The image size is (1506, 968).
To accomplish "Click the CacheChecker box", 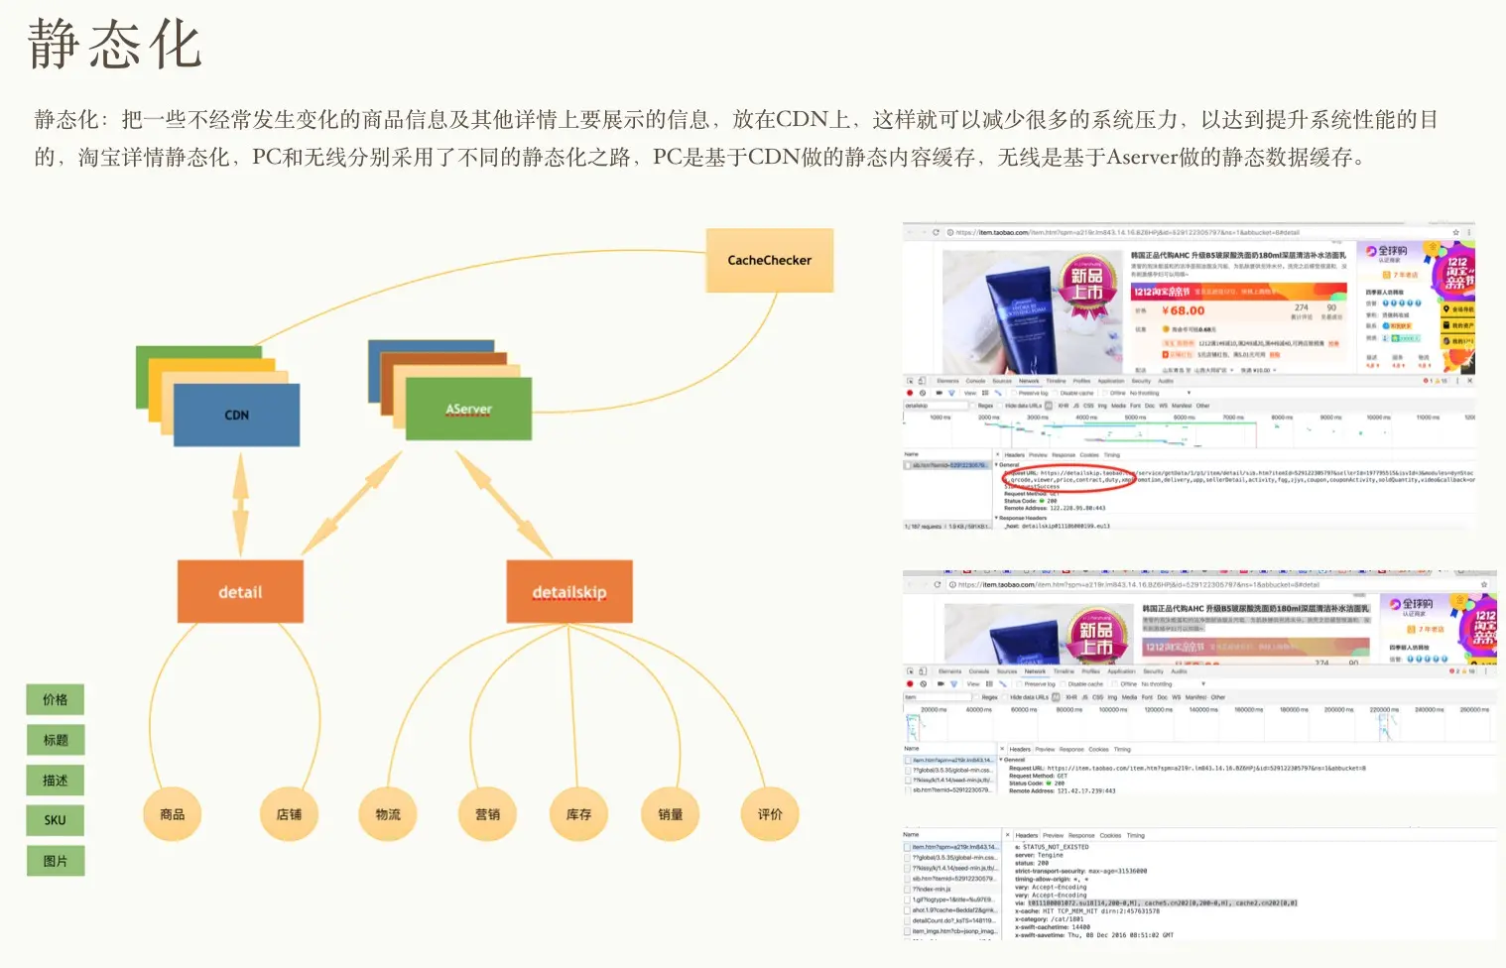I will click(x=769, y=260).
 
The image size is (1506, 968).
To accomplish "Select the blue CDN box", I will click(x=236, y=415).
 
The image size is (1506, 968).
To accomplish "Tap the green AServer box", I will click(x=468, y=409).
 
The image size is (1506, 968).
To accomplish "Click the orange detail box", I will click(x=240, y=592).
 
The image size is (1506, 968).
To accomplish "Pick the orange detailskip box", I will click(x=568, y=592).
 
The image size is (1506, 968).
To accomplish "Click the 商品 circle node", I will click(x=173, y=814).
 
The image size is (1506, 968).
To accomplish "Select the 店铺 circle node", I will click(x=289, y=814).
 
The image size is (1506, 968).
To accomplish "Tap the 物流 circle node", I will click(x=388, y=814).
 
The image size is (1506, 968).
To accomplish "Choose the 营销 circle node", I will click(x=487, y=814).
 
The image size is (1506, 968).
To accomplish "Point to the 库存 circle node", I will click(x=578, y=814).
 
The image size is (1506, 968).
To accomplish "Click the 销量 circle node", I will click(x=671, y=814).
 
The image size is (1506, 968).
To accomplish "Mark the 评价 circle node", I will click(x=770, y=814).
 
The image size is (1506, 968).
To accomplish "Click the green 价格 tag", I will click(x=56, y=699).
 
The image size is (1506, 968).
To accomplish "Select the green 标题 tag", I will click(x=56, y=740).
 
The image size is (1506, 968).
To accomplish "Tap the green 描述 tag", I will click(x=56, y=781).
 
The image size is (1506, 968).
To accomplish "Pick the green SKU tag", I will click(x=56, y=820).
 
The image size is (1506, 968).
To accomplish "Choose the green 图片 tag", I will click(x=56, y=861).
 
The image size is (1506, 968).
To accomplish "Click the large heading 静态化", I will click(x=115, y=45).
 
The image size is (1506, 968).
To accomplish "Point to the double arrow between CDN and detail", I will click(x=240, y=503).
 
